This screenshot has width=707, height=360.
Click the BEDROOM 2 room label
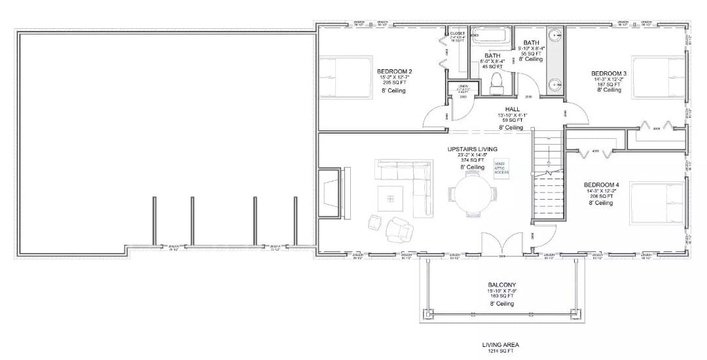(x=394, y=71)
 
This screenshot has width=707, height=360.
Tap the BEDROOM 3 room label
(x=609, y=73)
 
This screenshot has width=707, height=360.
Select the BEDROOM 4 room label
(x=600, y=185)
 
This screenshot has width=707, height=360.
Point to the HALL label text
(x=513, y=109)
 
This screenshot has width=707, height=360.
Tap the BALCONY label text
(x=500, y=285)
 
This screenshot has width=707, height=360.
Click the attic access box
(x=501, y=168)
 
